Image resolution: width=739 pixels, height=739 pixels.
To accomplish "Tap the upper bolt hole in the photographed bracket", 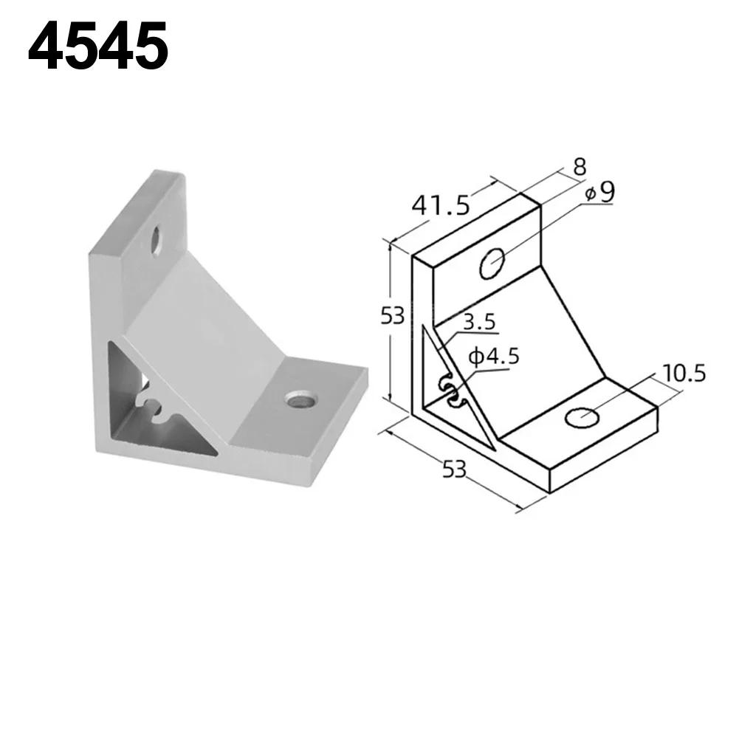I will [x=157, y=241].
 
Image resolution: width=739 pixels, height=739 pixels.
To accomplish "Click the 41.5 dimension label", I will [x=441, y=204].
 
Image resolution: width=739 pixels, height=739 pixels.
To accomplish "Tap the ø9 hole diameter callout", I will [x=599, y=192].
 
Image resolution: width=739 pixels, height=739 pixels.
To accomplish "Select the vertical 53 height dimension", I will [x=392, y=316].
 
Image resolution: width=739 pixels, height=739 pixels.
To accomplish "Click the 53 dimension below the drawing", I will [x=455, y=468].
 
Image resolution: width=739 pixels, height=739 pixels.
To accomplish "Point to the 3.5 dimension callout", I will [x=479, y=323].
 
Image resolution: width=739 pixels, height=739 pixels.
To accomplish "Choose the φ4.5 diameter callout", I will [x=494, y=357].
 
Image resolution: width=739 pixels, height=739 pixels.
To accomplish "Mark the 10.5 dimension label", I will [x=684, y=373].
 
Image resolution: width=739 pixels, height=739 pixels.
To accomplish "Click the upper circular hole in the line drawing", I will [x=492, y=264].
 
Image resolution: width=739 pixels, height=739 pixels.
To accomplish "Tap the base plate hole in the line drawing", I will [x=582, y=418].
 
